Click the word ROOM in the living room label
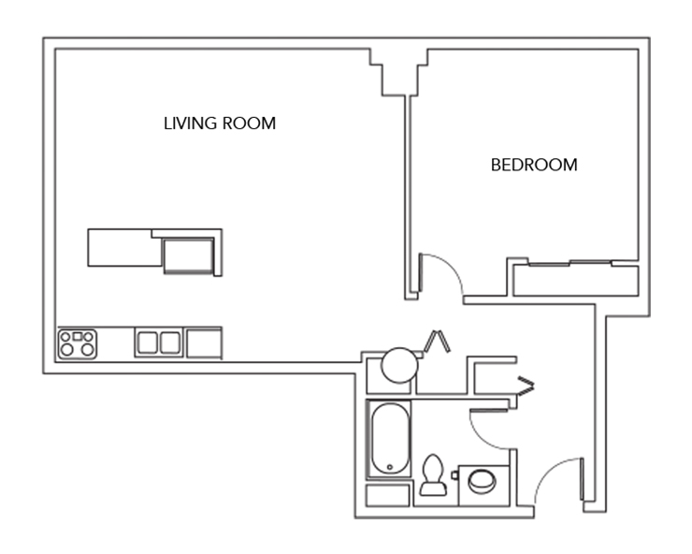[x=249, y=124]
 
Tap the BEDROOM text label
[x=534, y=165]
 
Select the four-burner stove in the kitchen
[x=78, y=343]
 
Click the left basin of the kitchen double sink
[x=148, y=343]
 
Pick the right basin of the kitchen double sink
[x=169, y=343]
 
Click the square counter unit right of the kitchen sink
[x=204, y=343]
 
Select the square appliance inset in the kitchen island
[x=187, y=254]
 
